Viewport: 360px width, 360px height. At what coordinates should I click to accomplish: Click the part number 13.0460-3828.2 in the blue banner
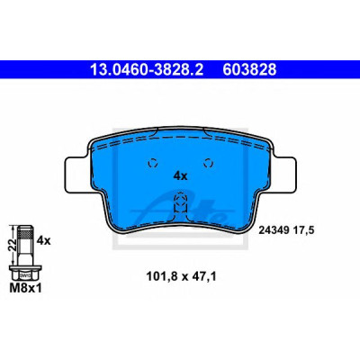tap(147, 69)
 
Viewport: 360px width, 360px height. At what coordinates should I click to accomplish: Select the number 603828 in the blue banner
tap(249, 69)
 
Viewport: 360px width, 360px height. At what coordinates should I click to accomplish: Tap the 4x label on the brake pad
tap(180, 176)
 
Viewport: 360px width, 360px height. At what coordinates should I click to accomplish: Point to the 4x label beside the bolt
tap(43, 240)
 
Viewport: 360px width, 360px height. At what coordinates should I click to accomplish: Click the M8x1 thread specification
tap(26, 288)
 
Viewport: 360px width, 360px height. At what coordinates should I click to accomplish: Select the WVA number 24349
tap(274, 230)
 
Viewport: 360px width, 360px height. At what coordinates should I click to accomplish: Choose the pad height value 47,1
tap(203, 276)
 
